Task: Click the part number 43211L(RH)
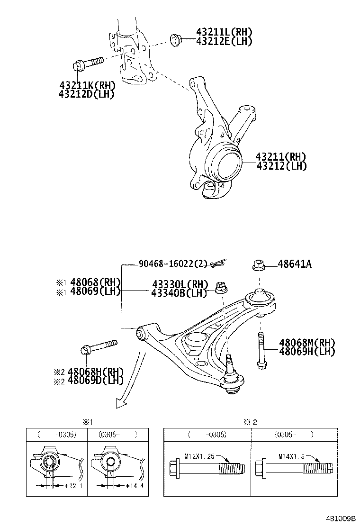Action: [224, 32]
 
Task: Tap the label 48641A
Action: [295, 264]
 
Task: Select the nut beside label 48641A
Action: [258, 265]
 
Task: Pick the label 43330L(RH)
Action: [180, 284]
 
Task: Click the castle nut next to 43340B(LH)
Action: [220, 287]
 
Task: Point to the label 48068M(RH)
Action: [307, 343]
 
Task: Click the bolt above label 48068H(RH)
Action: [98, 346]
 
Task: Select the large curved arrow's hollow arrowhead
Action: [121, 402]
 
